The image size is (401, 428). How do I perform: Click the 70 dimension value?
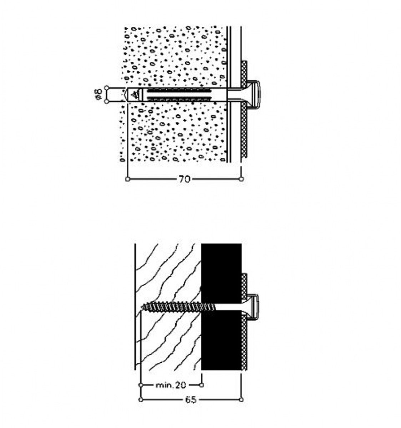184,179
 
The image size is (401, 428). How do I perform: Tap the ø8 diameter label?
99,95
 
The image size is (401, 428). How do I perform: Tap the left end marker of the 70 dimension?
128,179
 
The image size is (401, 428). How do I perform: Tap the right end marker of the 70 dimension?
242,179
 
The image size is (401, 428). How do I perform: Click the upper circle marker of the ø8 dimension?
107,88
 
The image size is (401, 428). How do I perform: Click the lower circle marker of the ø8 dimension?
107,101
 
